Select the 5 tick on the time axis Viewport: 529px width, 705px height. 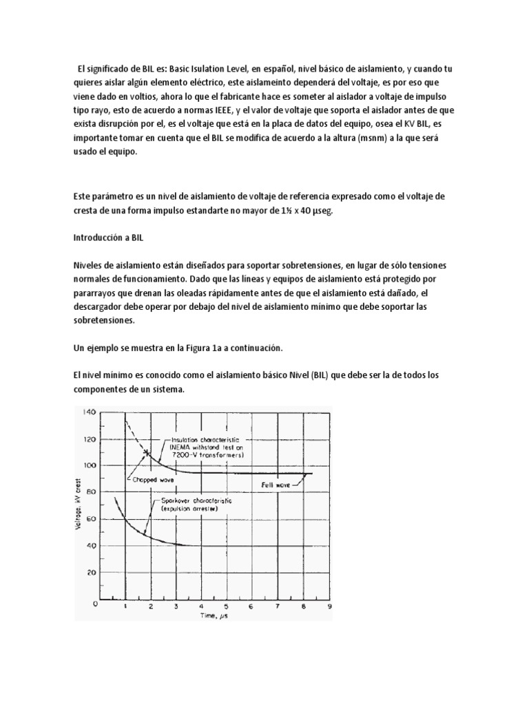click(225, 608)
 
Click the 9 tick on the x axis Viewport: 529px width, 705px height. click(329, 608)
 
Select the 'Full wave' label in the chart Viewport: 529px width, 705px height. click(273, 485)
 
